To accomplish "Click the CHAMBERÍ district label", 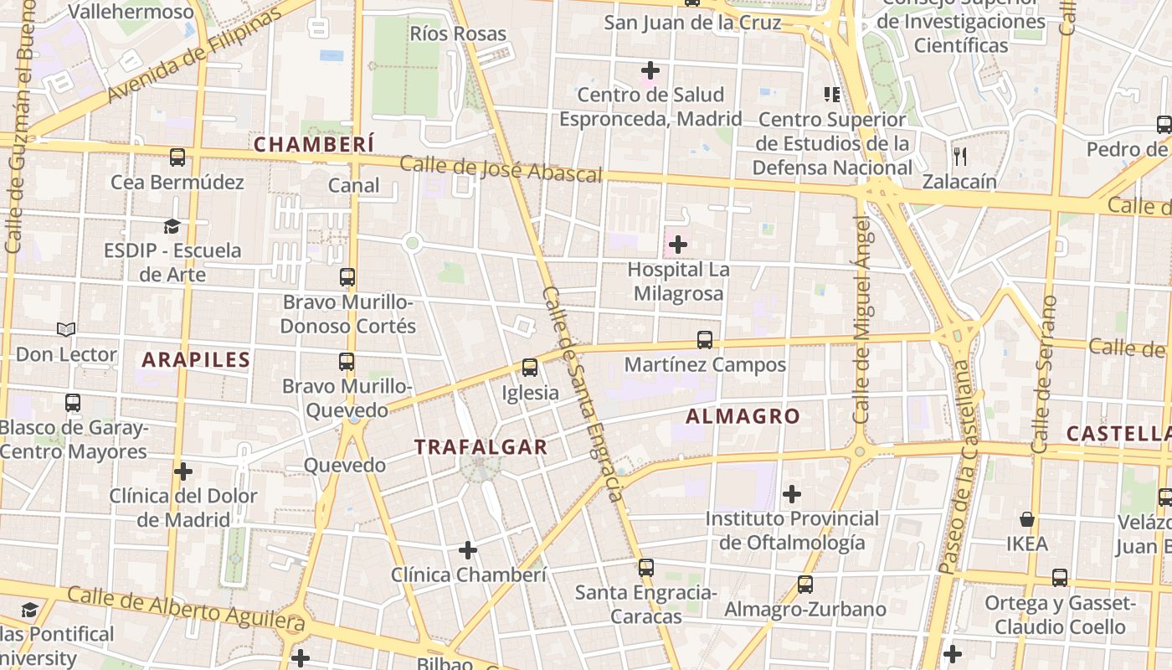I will coord(314,145).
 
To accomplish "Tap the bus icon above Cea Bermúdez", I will coord(177,157).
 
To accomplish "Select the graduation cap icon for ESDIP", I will coord(172,226).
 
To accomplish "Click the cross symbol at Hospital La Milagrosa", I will coord(678,245).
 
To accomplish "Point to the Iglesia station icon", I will coord(529,368).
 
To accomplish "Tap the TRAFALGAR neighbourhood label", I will coord(481,447).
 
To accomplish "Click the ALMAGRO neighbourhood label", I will coord(743,416).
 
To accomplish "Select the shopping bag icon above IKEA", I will coord(1027,519).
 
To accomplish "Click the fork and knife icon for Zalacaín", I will coord(960,156).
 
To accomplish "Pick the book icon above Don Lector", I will coord(66,330).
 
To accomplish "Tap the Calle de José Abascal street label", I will coord(501,168).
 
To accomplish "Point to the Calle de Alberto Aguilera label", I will coord(186,609).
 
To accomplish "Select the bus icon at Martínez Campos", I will coord(705,340).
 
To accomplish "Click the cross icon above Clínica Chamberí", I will coord(468,550).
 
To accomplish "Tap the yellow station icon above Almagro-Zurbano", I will coord(804,584).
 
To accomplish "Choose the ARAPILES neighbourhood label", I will coord(196,360).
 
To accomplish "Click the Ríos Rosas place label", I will coord(458,33).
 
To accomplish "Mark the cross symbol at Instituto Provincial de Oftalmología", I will coord(791,494).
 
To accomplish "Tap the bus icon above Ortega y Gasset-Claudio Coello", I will coord(1060,578).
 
